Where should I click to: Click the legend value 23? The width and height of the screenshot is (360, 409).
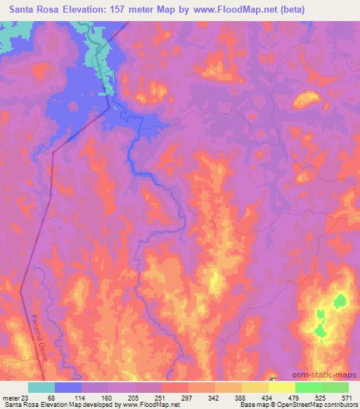coord(27,398)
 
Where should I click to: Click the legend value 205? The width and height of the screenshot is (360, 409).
coord(135,398)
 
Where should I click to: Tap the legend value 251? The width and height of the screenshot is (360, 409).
coord(162,398)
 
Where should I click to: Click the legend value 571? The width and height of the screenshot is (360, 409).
coord(347,398)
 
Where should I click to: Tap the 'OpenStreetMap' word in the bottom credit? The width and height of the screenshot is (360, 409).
coord(295,405)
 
